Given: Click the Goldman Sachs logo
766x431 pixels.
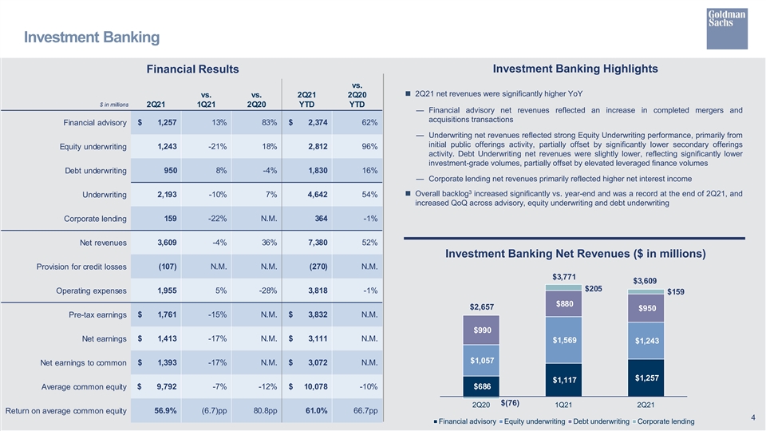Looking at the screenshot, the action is pyautogui.click(x=727, y=29).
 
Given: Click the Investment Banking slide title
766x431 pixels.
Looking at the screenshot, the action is pyautogui.click(x=92, y=38).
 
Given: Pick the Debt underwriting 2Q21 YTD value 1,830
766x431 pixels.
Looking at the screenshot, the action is pyautogui.click(x=318, y=171).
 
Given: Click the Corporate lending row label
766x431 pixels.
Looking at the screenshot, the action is pyautogui.click(x=95, y=219).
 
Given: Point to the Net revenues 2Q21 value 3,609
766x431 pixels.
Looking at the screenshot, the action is pyautogui.click(x=167, y=243).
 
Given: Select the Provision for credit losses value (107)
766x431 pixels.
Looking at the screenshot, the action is pyautogui.click(x=168, y=267).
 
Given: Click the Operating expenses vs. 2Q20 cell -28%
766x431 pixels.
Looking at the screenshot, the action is pyautogui.click(x=268, y=291).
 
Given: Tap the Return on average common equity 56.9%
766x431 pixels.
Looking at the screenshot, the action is pyautogui.click(x=166, y=410).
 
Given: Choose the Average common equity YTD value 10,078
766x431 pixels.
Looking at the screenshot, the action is pyautogui.click(x=316, y=386).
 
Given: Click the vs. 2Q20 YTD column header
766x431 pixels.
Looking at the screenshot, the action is pyautogui.click(x=357, y=95).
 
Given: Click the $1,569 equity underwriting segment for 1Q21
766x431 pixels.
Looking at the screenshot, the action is pyautogui.click(x=564, y=340).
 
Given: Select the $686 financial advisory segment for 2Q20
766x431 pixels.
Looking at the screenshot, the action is pyautogui.click(x=482, y=386).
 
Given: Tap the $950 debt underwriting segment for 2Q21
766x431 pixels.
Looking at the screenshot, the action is pyautogui.click(x=646, y=308).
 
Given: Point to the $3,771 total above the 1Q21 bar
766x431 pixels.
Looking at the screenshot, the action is pyautogui.click(x=564, y=277).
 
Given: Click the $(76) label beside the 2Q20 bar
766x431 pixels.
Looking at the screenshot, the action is pyautogui.click(x=510, y=403).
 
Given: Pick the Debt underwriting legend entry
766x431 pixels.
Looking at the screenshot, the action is pyautogui.click(x=598, y=421).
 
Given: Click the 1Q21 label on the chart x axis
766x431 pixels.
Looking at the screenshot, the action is pyautogui.click(x=563, y=405).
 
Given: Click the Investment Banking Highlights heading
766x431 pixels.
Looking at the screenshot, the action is pyautogui.click(x=575, y=69).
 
